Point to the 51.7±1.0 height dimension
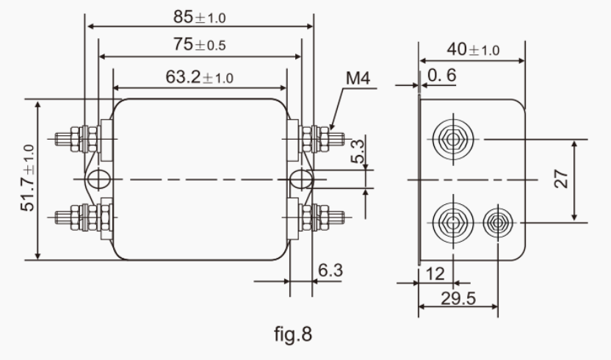click(29, 179)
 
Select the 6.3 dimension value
click(330, 270)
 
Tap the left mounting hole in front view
click(98, 179)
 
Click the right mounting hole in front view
click(301, 179)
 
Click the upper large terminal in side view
click(450, 138)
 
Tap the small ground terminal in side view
click(497, 222)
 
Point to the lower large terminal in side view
click(450, 220)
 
